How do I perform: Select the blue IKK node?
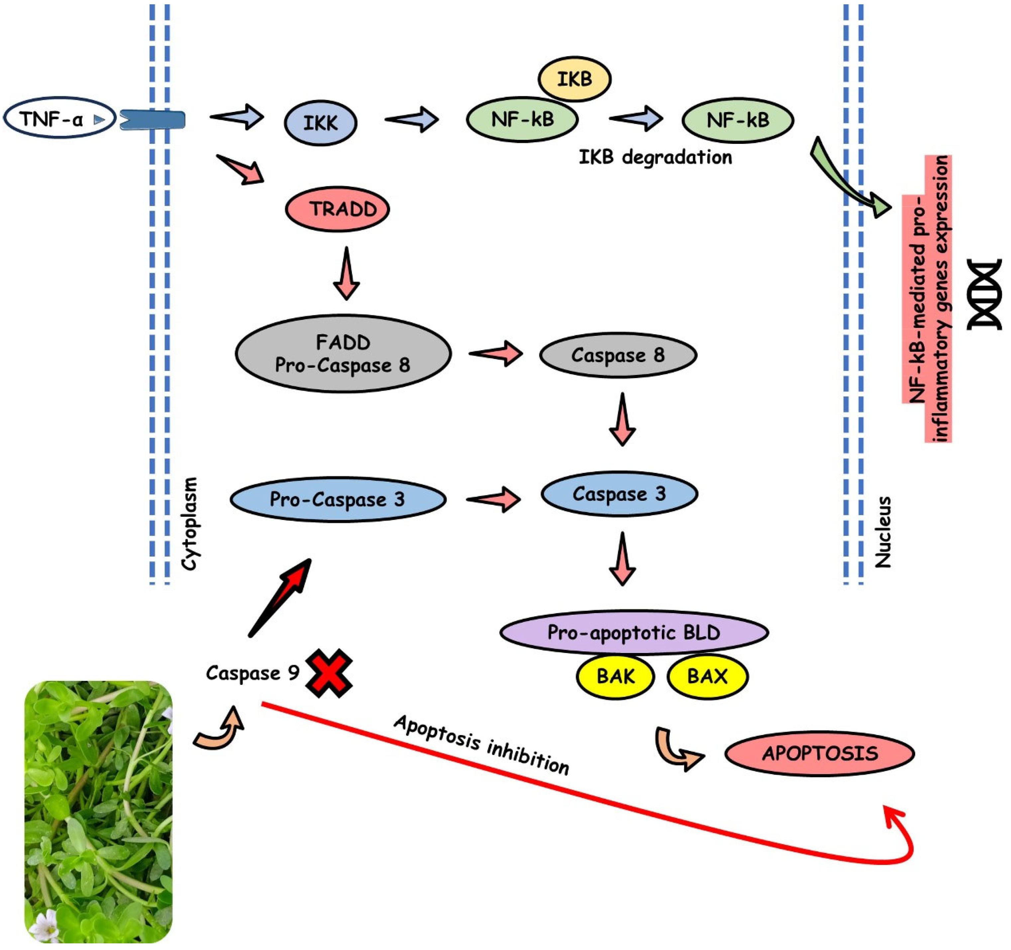tap(320, 123)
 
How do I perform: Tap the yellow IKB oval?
tap(574, 79)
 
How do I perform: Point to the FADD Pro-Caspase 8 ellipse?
tap(343, 354)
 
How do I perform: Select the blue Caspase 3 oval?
tap(619, 493)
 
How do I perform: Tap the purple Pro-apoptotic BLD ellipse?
tap(634, 632)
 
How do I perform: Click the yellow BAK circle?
tap(615, 677)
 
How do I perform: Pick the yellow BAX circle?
tap(707, 677)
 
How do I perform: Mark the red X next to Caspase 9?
tap(329, 673)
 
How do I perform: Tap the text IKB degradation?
tap(655, 157)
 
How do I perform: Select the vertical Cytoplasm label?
tap(189, 523)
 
